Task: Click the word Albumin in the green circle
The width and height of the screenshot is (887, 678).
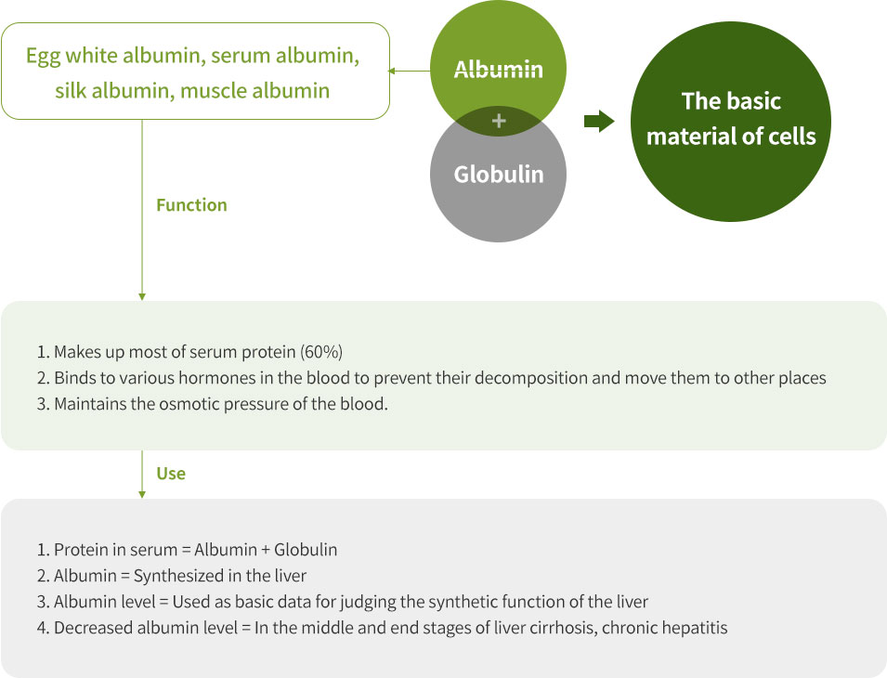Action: click(499, 70)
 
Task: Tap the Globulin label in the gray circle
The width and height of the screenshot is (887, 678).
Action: click(499, 175)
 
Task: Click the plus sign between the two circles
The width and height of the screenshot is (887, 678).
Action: click(499, 121)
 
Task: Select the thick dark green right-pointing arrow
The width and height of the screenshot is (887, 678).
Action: click(599, 121)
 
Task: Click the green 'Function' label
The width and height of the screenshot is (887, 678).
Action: click(191, 204)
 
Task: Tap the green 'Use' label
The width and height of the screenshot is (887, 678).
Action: click(171, 474)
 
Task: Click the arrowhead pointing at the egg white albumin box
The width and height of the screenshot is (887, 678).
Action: click(391, 71)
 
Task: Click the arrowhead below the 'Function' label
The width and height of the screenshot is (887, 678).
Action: click(142, 296)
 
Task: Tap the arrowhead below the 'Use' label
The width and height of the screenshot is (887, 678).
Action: click(142, 494)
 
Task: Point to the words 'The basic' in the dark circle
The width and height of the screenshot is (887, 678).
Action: click(731, 101)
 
